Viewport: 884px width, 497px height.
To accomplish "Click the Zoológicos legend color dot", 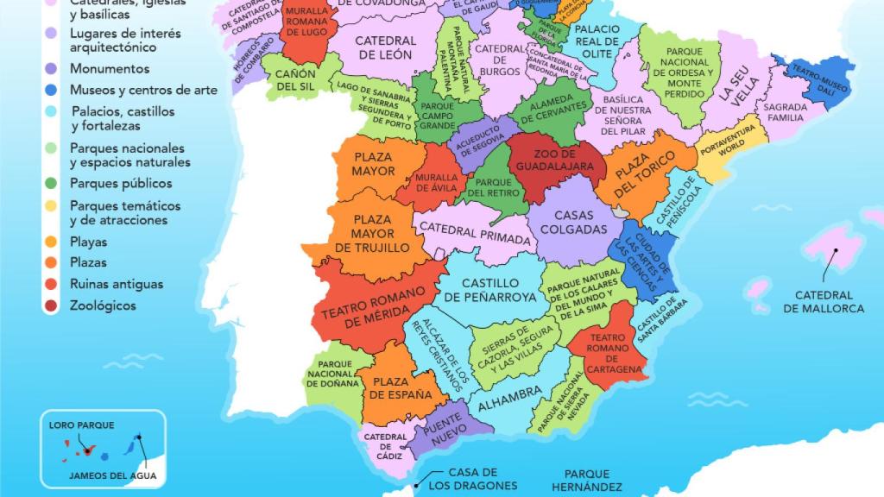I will (53, 305).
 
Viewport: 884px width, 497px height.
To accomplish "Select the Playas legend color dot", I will (53, 242).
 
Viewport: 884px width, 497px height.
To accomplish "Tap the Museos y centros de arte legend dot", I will (53, 90).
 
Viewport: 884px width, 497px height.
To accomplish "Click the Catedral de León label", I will (385, 47).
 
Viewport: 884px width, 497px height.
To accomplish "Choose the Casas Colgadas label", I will (579, 222).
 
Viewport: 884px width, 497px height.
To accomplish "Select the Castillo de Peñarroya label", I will (490, 290).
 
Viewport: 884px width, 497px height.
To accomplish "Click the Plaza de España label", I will (401, 387).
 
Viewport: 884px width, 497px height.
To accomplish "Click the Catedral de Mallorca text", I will (824, 302).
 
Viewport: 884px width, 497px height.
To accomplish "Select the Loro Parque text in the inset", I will (81, 425).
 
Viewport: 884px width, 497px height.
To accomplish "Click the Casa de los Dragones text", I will (474, 479).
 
